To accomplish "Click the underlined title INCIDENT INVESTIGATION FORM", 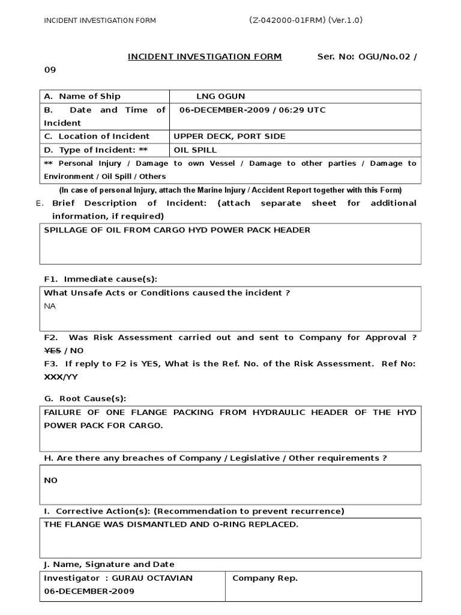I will point(205,56).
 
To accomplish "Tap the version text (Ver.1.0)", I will point(346,20).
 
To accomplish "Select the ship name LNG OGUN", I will point(220,96).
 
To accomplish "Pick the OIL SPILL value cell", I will point(195,150).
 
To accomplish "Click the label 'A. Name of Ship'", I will point(82,96).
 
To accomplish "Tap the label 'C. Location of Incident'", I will point(97,136).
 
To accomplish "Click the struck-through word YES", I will point(52,350).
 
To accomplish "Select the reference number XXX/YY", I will point(61,377).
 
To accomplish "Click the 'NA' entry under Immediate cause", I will point(49,306).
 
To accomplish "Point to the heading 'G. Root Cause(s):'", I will point(85,398).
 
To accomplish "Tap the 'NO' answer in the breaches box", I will point(51,480).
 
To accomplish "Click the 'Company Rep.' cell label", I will point(265,578).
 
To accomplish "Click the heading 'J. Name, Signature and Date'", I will point(109,564).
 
